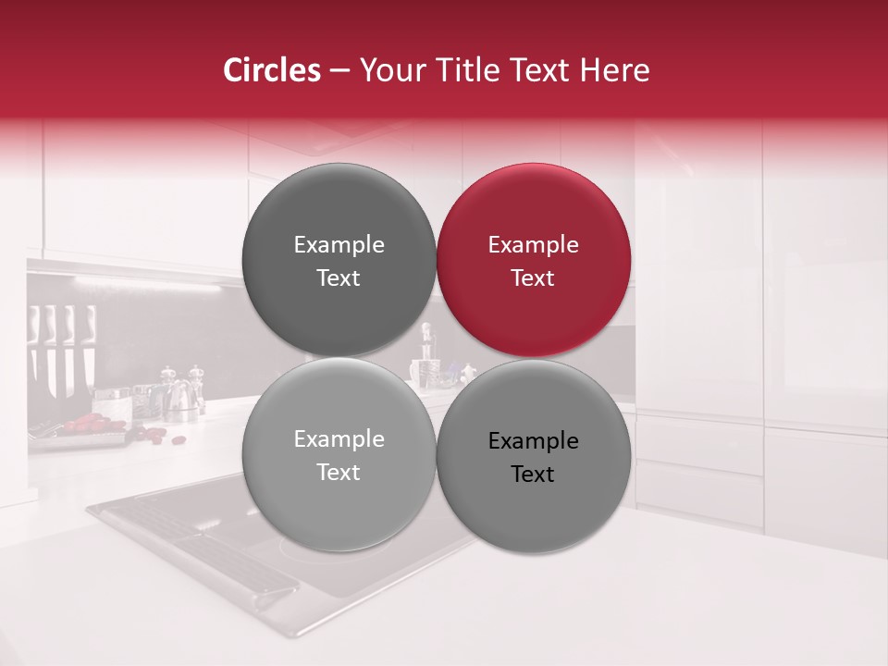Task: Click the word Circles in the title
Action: click(271, 70)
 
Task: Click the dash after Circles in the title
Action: click(339, 71)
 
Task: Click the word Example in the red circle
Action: click(533, 245)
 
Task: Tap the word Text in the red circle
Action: click(533, 278)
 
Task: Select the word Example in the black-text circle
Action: click(533, 441)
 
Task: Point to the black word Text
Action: click(533, 475)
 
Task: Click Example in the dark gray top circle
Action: click(339, 245)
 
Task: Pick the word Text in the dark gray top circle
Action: click(339, 278)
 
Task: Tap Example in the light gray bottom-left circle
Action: click(339, 439)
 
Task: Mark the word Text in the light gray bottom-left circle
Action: click(339, 473)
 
